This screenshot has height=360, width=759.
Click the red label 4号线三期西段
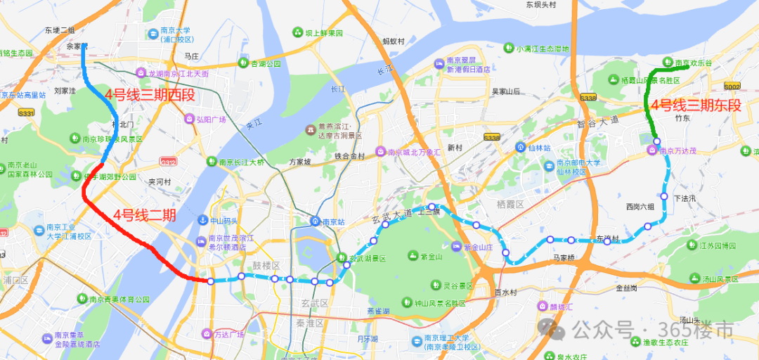point(150,96)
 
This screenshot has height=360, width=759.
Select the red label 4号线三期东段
point(696,106)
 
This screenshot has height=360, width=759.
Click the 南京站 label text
point(338,221)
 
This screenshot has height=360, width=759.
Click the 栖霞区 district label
point(511,204)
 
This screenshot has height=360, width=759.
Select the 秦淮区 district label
point(309,323)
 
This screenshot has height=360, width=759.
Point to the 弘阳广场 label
point(211,119)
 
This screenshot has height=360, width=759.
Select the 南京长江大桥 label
point(241,162)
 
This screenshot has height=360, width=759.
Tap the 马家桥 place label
point(564,258)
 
